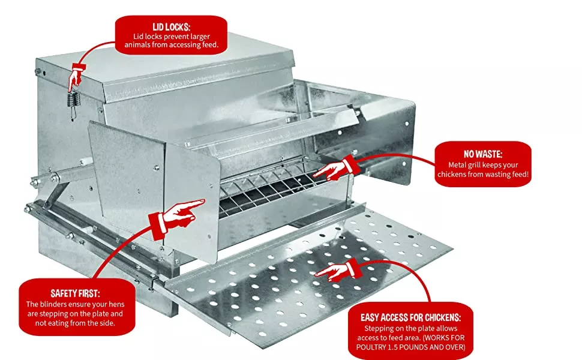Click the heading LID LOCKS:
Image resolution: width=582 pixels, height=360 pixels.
171,27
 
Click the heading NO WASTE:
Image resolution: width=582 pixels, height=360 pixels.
483,154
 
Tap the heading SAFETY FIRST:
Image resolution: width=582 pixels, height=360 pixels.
76,293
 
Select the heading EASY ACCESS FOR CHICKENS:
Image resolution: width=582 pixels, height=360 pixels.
410,317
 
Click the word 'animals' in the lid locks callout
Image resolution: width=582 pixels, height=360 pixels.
137,45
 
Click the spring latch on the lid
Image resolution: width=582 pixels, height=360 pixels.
73,101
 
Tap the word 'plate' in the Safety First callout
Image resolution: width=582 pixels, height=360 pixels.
99,314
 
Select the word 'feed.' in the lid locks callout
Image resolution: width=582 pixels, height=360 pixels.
209,45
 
